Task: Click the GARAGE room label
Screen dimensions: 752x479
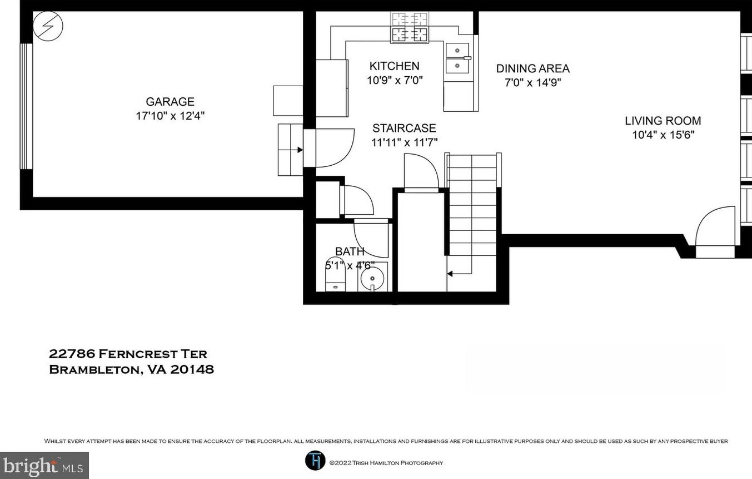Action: [170, 101]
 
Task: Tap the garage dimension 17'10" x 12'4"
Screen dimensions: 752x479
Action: [170, 116]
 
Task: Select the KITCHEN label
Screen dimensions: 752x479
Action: [395, 66]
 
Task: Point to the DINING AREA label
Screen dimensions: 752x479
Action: [533, 68]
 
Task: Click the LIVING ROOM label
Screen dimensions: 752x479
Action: [663, 121]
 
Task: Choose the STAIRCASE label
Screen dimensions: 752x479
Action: [404, 128]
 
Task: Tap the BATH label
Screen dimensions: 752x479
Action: [350, 251]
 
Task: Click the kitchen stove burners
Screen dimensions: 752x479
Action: [410, 27]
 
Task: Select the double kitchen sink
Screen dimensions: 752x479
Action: [457, 58]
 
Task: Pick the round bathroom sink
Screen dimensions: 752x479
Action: [372, 278]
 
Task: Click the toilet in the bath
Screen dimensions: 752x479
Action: [335, 275]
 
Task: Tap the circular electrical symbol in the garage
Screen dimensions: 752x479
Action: [48, 26]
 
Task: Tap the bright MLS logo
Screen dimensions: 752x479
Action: [44, 466]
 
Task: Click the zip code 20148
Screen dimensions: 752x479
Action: [192, 369]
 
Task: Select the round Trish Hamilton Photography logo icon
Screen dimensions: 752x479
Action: [315, 460]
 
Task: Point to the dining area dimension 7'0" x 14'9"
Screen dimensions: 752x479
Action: [533, 83]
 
